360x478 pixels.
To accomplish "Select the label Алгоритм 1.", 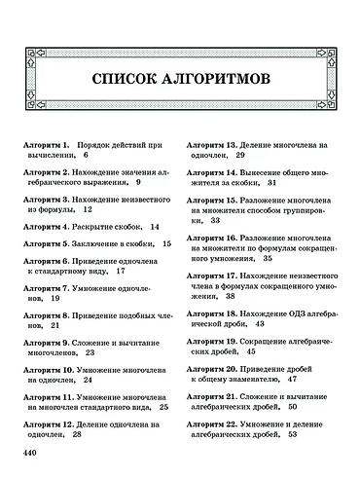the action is click(50, 142).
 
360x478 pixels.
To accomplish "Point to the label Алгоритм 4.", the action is click(50, 226).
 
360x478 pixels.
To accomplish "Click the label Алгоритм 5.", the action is click(50, 243).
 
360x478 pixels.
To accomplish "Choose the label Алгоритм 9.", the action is click(50, 345).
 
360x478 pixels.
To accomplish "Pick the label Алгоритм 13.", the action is click(213, 142).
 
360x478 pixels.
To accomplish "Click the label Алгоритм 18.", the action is click(213, 315).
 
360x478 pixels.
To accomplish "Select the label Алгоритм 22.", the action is click(213, 424).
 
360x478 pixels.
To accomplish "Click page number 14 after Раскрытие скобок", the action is click(155, 226).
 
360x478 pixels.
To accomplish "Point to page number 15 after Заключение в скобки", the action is click(166, 243).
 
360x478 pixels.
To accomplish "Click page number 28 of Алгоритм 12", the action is click(77, 436).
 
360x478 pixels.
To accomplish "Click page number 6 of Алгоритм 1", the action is click(86, 154).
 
